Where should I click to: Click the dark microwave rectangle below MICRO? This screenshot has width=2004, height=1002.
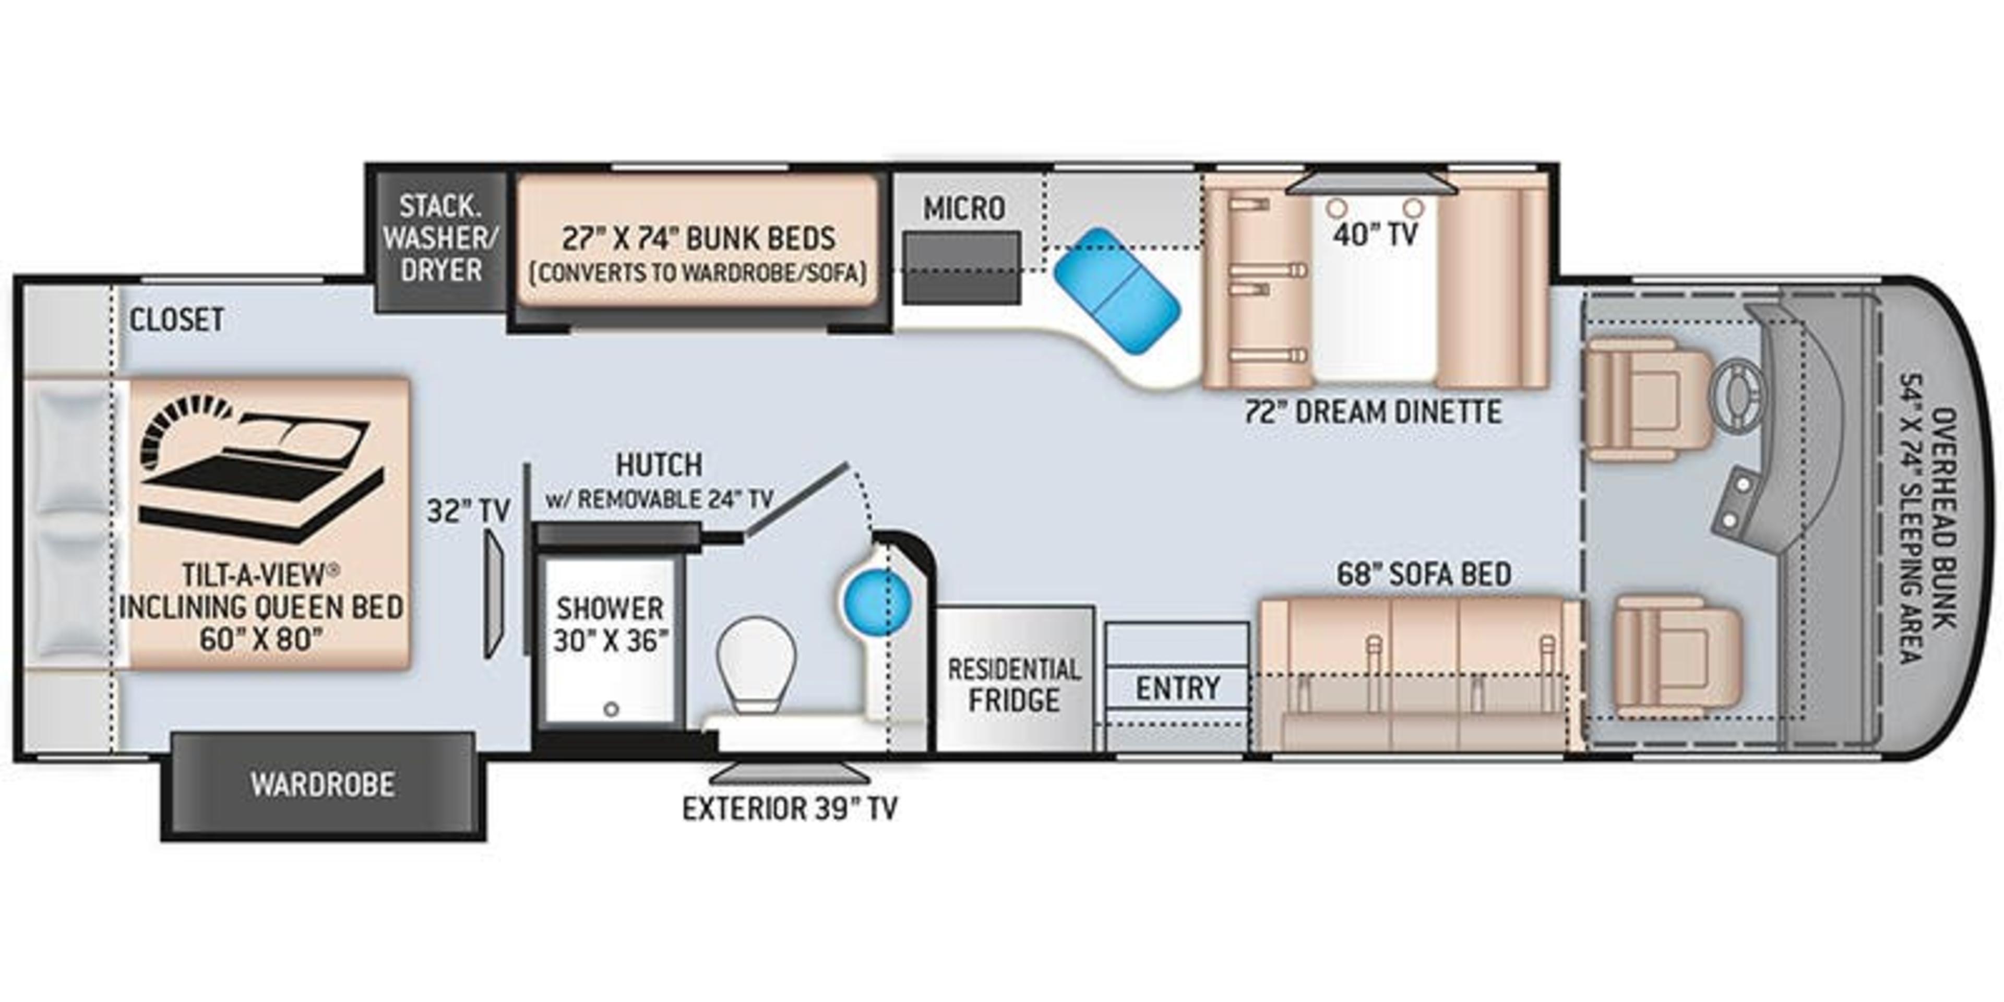961,268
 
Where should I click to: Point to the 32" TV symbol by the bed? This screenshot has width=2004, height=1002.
495,594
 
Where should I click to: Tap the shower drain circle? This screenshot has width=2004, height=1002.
612,710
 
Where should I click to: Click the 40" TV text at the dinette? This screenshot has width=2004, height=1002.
1376,233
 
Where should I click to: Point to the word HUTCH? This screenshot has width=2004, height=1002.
659,465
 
